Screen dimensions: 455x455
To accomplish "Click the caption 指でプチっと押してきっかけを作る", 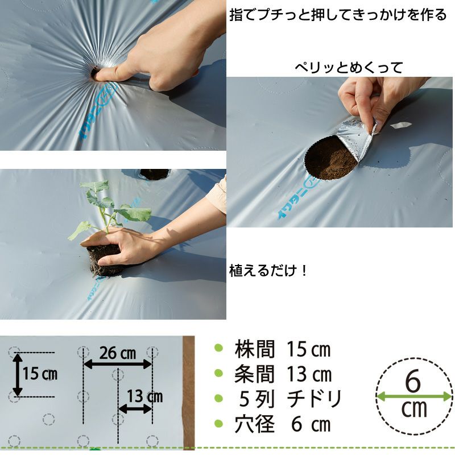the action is [x=338, y=15].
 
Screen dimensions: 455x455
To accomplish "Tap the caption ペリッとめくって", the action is [x=349, y=68].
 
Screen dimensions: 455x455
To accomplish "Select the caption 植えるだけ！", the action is [x=268, y=271].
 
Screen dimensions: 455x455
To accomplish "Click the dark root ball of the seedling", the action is [x=105, y=260].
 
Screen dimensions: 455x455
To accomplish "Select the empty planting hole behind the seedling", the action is [x=154, y=174].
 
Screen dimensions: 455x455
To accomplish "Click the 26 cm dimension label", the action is [x=118, y=353].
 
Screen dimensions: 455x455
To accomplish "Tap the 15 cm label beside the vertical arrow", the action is [x=40, y=374].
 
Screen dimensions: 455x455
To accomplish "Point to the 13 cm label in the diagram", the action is [x=145, y=396].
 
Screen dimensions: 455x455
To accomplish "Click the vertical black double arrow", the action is [x=18, y=375].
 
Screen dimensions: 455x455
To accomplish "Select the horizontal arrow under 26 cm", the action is [x=118, y=364].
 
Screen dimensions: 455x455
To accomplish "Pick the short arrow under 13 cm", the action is [x=135, y=409].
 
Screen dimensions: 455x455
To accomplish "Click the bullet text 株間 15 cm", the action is [x=283, y=349].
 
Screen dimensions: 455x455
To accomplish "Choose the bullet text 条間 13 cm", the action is [x=283, y=374].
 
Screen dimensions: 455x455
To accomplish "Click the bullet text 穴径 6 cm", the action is [x=283, y=424].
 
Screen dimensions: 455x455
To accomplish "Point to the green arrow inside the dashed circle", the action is [x=414, y=396].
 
